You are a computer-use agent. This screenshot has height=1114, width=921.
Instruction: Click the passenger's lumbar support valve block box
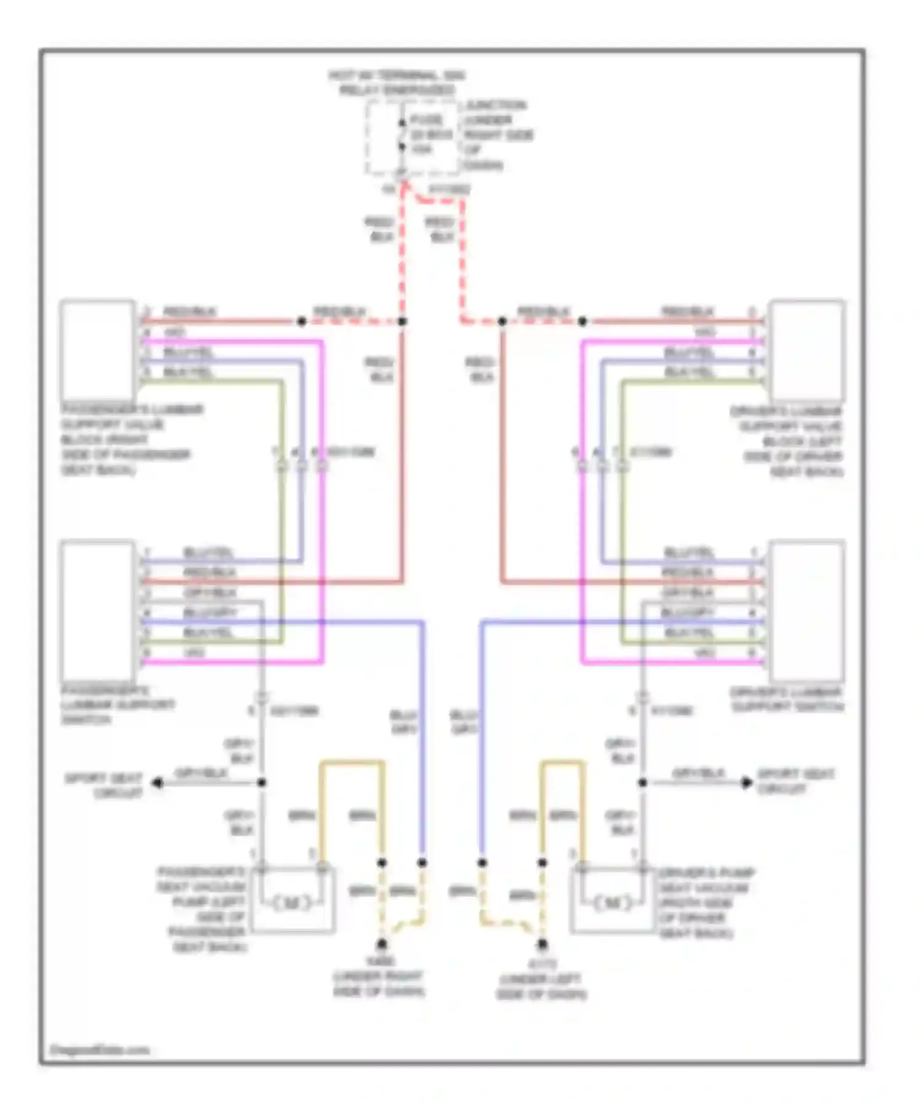(98, 349)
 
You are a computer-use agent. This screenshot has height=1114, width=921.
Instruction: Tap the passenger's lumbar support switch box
(97, 610)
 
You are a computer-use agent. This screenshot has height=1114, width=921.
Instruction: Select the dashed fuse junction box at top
(412, 138)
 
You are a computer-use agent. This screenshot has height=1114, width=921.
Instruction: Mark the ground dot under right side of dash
(382, 944)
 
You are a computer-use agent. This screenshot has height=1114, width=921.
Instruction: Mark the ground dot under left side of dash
(542, 944)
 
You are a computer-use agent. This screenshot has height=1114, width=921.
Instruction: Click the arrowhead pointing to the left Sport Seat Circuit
(158, 782)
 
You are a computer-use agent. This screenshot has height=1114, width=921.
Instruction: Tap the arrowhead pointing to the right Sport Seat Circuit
(746, 782)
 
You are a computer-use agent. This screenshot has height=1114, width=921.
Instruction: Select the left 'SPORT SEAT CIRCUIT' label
(104, 785)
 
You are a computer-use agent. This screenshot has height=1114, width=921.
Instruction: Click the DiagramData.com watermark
(99, 1050)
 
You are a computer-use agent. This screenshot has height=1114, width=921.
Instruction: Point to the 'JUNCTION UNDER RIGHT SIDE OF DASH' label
(498, 135)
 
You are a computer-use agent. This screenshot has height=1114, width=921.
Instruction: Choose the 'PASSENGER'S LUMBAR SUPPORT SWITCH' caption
(117, 704)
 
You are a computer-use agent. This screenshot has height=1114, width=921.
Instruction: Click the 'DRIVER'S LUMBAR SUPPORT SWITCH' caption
(787, 699)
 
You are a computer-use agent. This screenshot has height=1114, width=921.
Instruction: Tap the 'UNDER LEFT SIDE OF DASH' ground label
(542, 986)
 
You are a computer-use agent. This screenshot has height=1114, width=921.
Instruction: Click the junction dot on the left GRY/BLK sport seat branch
(262, 782)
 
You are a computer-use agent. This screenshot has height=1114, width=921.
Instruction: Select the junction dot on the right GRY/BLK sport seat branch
(642, 782)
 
